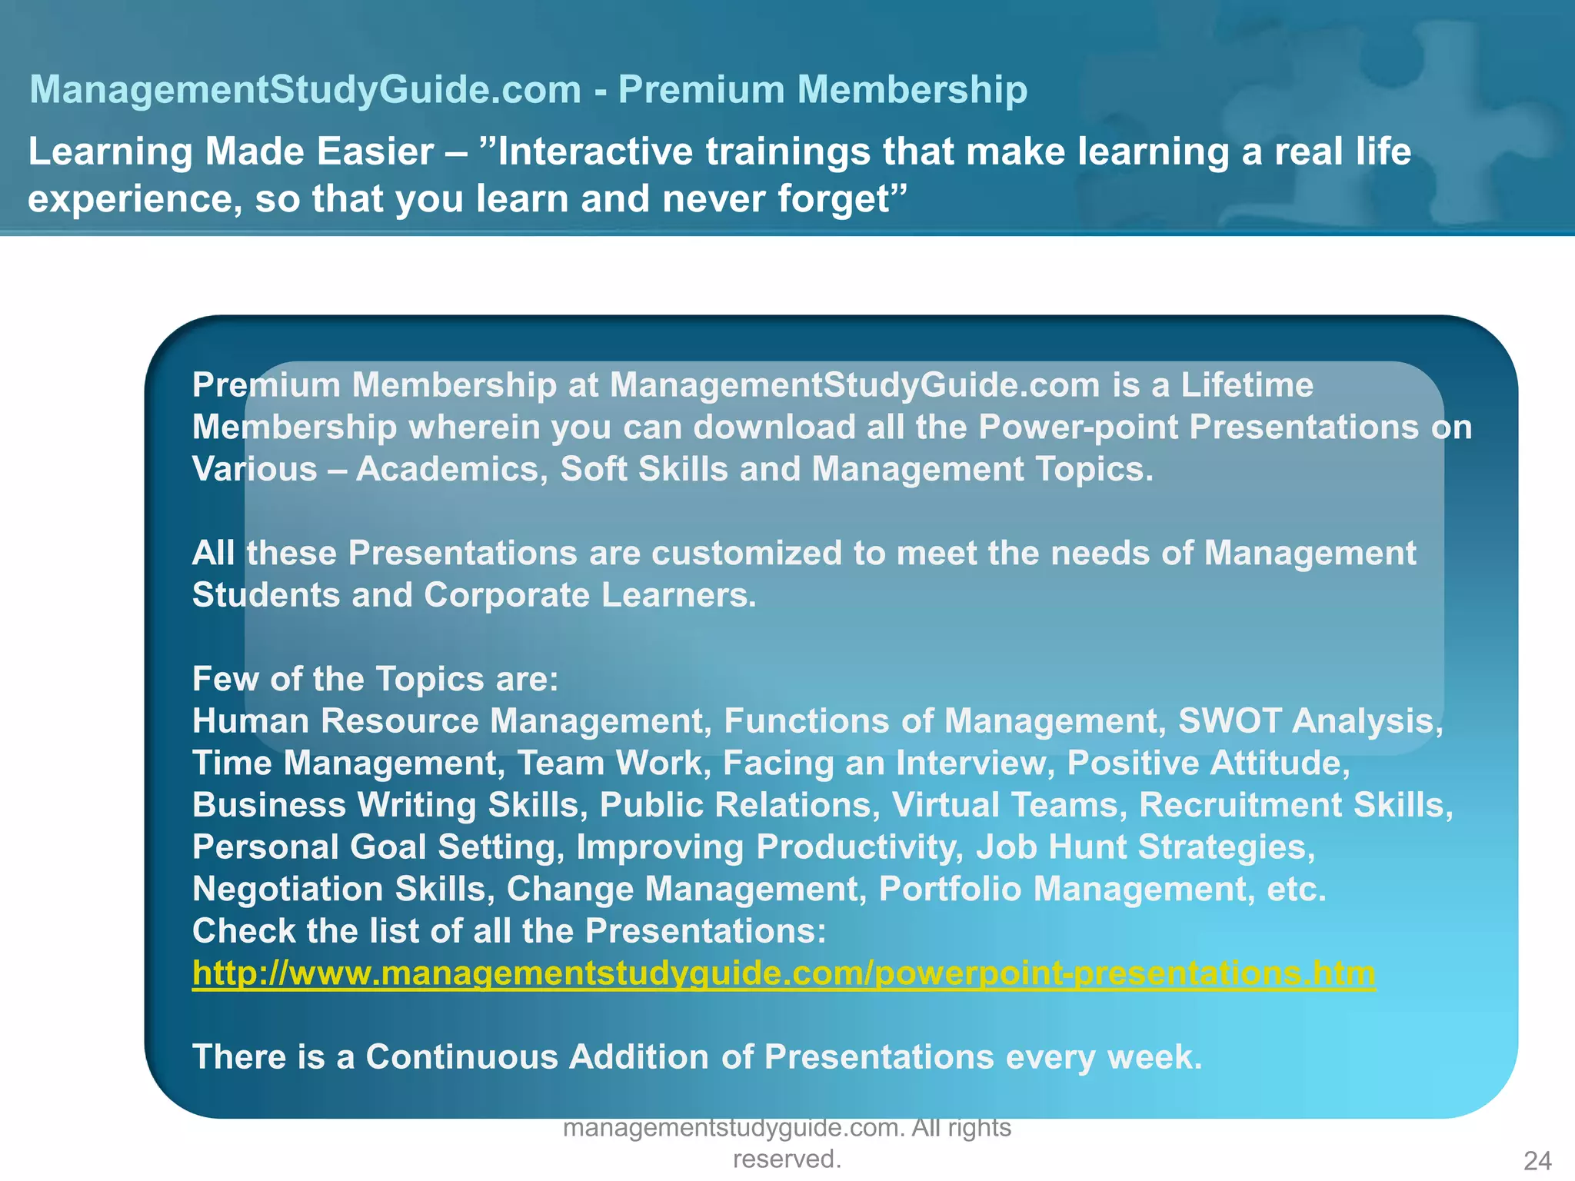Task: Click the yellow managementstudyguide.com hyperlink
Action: (783, 973)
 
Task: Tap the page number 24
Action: (1537, 1160)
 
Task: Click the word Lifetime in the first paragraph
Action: (1247, 385)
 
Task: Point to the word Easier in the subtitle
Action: (375, 151)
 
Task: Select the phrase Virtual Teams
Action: (1004, 805)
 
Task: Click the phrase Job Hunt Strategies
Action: (1141, 847)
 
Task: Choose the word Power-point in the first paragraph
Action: (1077, 427)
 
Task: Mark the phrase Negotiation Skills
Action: (338, 890)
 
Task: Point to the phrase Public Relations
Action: (734, 805)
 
